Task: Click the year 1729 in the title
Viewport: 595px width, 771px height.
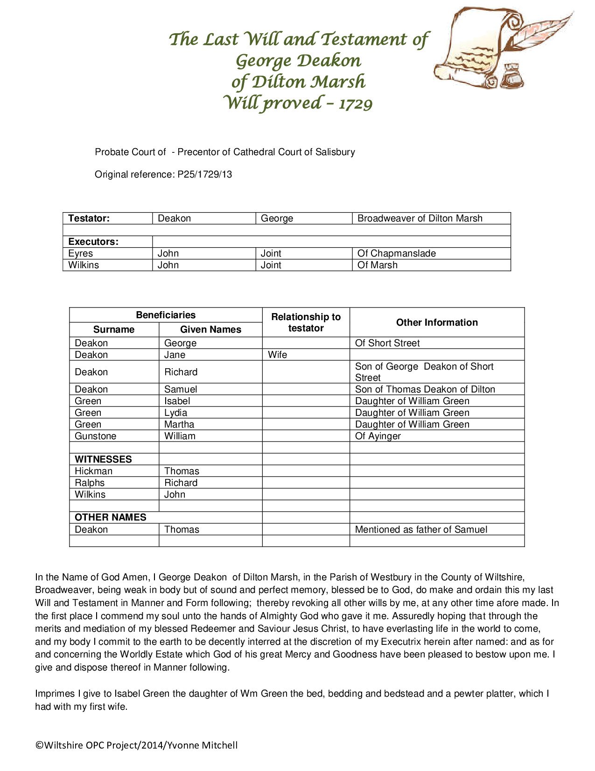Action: [356, 103]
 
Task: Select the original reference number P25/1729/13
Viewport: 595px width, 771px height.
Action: [204, 174]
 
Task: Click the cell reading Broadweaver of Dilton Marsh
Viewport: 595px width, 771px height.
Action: [420, 218]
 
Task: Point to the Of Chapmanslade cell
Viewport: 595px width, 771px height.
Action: [396, 253]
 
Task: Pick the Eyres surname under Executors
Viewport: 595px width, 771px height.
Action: [81, 253]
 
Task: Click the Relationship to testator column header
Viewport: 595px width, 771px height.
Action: [306, 322]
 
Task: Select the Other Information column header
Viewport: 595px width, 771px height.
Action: [437, 322]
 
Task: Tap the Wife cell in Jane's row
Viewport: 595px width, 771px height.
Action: [278, 355]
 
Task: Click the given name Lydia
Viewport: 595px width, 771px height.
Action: [175, 413]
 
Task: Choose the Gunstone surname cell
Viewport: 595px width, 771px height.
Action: [96, 436]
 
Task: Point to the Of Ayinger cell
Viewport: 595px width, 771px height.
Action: [378, 436]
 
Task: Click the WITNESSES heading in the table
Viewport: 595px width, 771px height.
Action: [103, 459]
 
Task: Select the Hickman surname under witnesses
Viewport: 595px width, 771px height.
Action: [93, 471]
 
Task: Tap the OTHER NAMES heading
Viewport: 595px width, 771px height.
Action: [111, 517]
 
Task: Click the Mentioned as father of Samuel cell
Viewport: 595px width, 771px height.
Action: [421, 529]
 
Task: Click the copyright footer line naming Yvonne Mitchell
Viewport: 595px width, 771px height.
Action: [137, 745]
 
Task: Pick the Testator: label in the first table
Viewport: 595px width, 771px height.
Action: [89, 218]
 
